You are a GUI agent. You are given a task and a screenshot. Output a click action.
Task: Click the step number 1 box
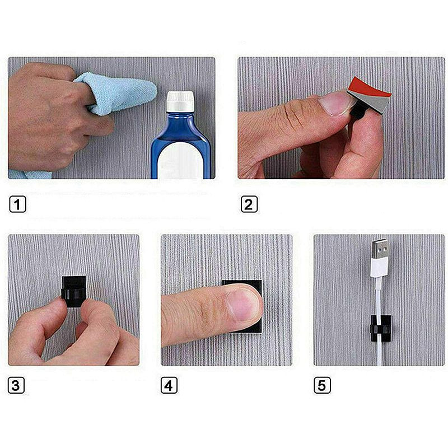pyautogui.click(x=18, y=204)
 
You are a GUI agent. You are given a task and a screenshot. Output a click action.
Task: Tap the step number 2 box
pyautogui.click(x=249, y=204)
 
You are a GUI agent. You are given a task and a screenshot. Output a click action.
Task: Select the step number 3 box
pyautogui.click(x=16, y=385)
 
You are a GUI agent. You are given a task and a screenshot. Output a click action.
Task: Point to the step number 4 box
pyautogui.click(x=169, y=385)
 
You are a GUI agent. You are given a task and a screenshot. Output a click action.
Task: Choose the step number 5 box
pyautogui.click(x=322, y=385)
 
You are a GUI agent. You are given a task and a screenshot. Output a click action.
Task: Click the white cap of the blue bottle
pyautogui.click(x=180, y=101)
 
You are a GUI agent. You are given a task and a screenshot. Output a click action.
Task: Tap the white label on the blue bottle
pyautogui.click(x=180, y=160)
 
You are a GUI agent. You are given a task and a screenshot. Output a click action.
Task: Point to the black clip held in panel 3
pyautogui.click(x=74, y=291)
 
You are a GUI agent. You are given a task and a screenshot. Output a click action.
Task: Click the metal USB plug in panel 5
pyautogui.click(x=380, y=249)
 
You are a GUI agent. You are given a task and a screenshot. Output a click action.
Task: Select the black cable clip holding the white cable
pyautogui.click(x=380, y=329)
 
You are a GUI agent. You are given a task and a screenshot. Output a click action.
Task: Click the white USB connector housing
pyautogui.click(x=379, y=267)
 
